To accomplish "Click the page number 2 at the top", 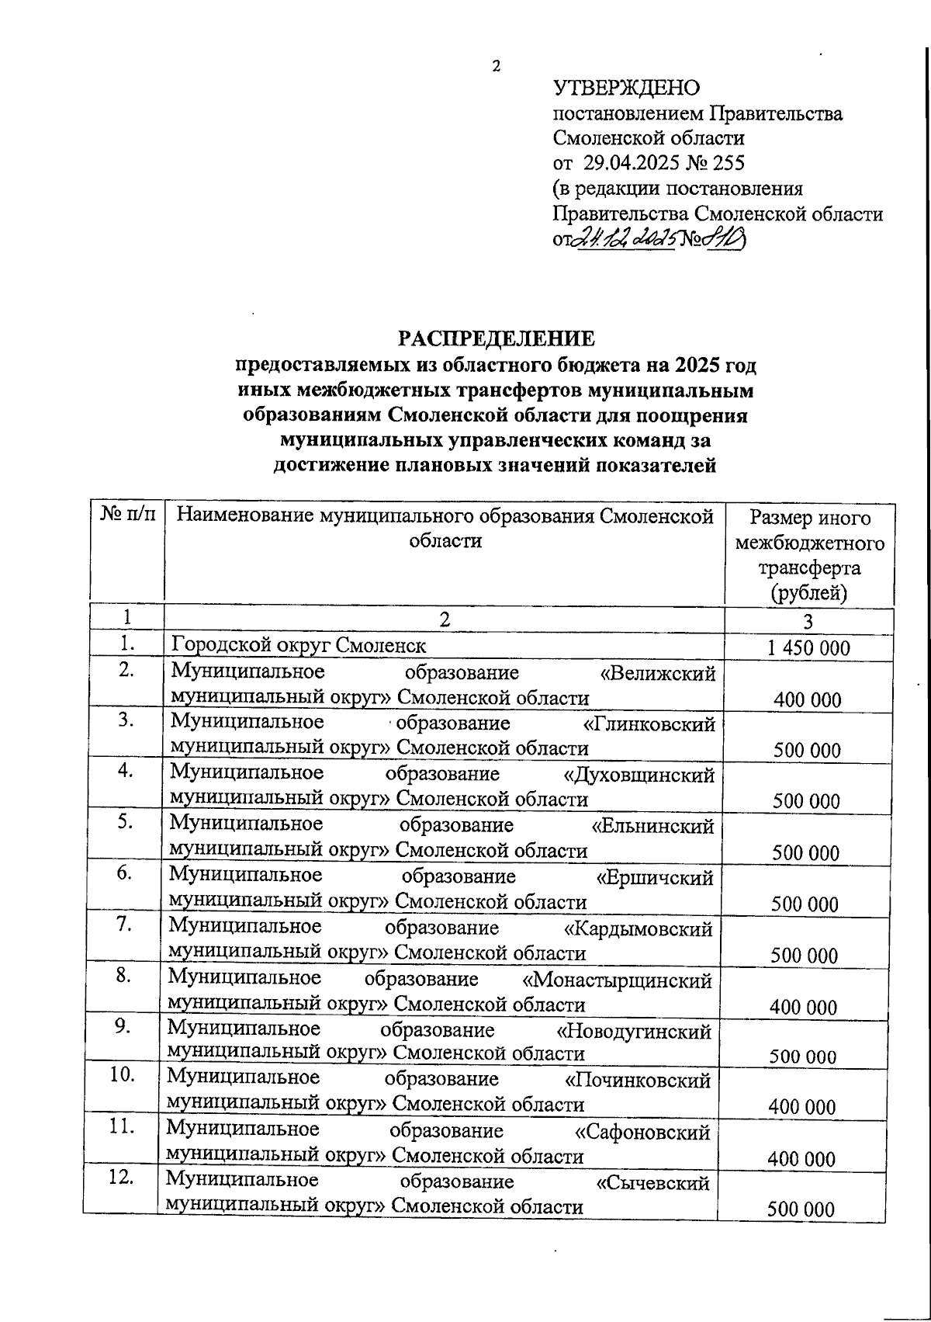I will point(497,67).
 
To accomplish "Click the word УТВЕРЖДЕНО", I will point(626,88).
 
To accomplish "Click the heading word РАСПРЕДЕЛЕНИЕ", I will point(497,339).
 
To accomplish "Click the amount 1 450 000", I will point(808,648).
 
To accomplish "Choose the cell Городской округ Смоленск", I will point(299,646).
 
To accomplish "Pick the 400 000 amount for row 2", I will point(807,700).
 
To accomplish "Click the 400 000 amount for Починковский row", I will point(802,1108).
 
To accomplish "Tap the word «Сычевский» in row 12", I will point(652,1184).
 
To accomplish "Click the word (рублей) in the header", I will point(808,594).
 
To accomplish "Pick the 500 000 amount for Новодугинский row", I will point(803,1057).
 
